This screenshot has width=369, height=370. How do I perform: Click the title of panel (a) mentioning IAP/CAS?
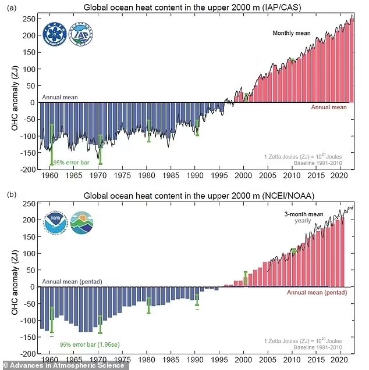tap(196, 8)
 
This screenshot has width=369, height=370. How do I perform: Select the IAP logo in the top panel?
tap(80, 35)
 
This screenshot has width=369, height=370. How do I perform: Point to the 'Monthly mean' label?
tap(292, 33)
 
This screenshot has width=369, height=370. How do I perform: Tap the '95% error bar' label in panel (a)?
tap(72, 163)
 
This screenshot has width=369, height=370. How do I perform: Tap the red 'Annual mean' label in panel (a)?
tap(328, 107)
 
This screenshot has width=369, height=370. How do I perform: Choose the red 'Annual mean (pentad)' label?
tap(317, 292)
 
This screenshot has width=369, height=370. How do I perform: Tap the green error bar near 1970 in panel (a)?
tap(100, 149)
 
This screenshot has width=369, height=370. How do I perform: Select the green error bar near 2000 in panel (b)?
tap(246, 278)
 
